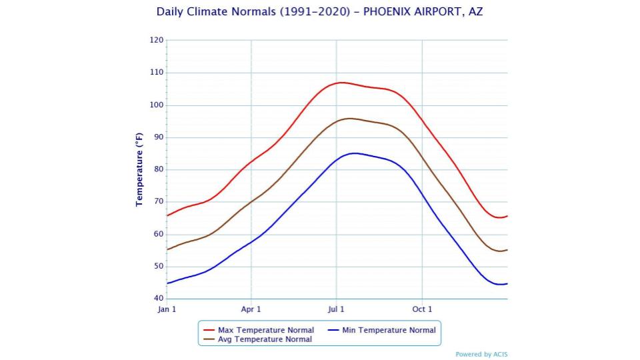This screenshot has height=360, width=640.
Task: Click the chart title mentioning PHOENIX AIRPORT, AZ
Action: click(319, 12)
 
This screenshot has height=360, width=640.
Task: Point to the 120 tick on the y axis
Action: click(157, 40)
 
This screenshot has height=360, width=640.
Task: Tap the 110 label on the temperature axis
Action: click(157, 73)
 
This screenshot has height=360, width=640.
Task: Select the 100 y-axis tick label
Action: click(157, 105)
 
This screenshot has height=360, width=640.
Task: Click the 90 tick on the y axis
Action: click(158, 137)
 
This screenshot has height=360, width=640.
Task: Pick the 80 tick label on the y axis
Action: click(158, 169)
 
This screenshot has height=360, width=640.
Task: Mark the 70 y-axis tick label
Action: click(158, 202)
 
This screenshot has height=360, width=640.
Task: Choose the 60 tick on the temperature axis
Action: click(158, 234)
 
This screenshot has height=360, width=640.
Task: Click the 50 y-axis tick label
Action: click(158, 267)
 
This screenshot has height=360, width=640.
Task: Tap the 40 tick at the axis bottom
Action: click(158, 299)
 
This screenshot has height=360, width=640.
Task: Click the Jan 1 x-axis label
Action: click(167, 309)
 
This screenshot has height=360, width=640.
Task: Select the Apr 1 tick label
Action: click(251, 309)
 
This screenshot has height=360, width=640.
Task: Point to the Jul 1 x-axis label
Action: click(336, 309)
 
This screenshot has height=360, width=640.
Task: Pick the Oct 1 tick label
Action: click(422, 309)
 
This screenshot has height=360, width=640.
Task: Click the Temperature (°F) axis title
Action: click(139, 169)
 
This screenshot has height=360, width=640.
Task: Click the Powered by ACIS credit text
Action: click(481, 355)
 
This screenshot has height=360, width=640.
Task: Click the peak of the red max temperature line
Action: click(341, 83)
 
